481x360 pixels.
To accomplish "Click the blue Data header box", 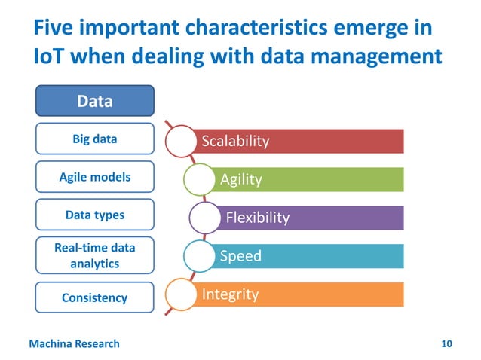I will click(x=95, y=101).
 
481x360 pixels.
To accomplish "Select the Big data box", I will click(x=95, y=139).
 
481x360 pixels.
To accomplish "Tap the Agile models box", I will click(x=95, y=177).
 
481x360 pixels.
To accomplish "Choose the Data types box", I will click(x=95, y=215).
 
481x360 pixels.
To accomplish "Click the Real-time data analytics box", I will click(x=95, y=256).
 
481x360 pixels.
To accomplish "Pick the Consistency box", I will click(x=95, y=297).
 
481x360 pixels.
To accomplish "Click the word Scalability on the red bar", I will click(x=234, y=142).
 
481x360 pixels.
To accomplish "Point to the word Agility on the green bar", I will click(x=240, y=179).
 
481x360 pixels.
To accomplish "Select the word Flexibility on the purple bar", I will click(x=257, y=218).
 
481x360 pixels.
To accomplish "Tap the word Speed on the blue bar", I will click(x=240, y=256).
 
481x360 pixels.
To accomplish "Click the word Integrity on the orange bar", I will click(x=230, y=294).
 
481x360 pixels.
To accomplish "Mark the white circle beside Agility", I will click(x=198, y=179).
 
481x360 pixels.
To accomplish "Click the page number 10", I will click(x=446, y=344).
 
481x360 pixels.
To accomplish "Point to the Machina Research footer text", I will click(x=74, y=344).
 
